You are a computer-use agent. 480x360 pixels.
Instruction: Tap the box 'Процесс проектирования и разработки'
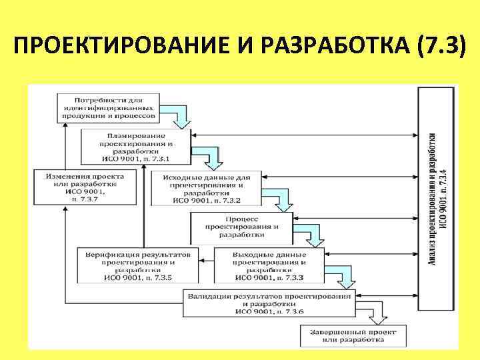241,227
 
